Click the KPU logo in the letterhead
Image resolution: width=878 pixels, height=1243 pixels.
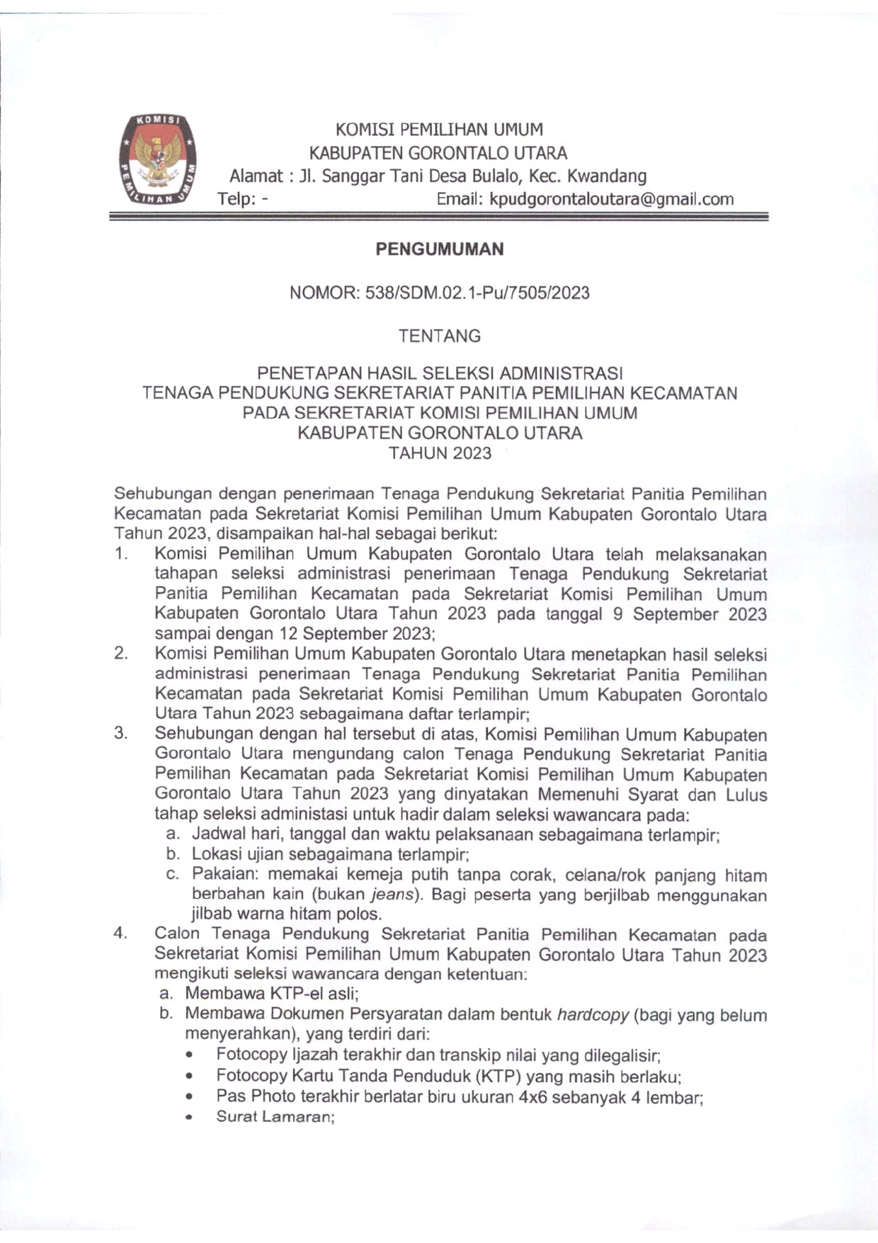157,159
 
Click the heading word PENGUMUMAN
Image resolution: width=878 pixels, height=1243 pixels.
439,249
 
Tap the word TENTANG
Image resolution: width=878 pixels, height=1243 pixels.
439,336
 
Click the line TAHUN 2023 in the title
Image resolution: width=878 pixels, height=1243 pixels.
440,453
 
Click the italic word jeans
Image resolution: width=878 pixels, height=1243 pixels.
393,895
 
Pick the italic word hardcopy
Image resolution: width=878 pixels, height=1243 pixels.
593,1014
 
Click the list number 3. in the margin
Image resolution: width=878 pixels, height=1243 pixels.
120,733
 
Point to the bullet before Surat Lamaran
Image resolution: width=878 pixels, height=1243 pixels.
189,1118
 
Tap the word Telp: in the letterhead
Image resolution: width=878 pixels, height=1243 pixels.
236,199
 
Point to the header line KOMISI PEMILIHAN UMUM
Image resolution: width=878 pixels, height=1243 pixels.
439,130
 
